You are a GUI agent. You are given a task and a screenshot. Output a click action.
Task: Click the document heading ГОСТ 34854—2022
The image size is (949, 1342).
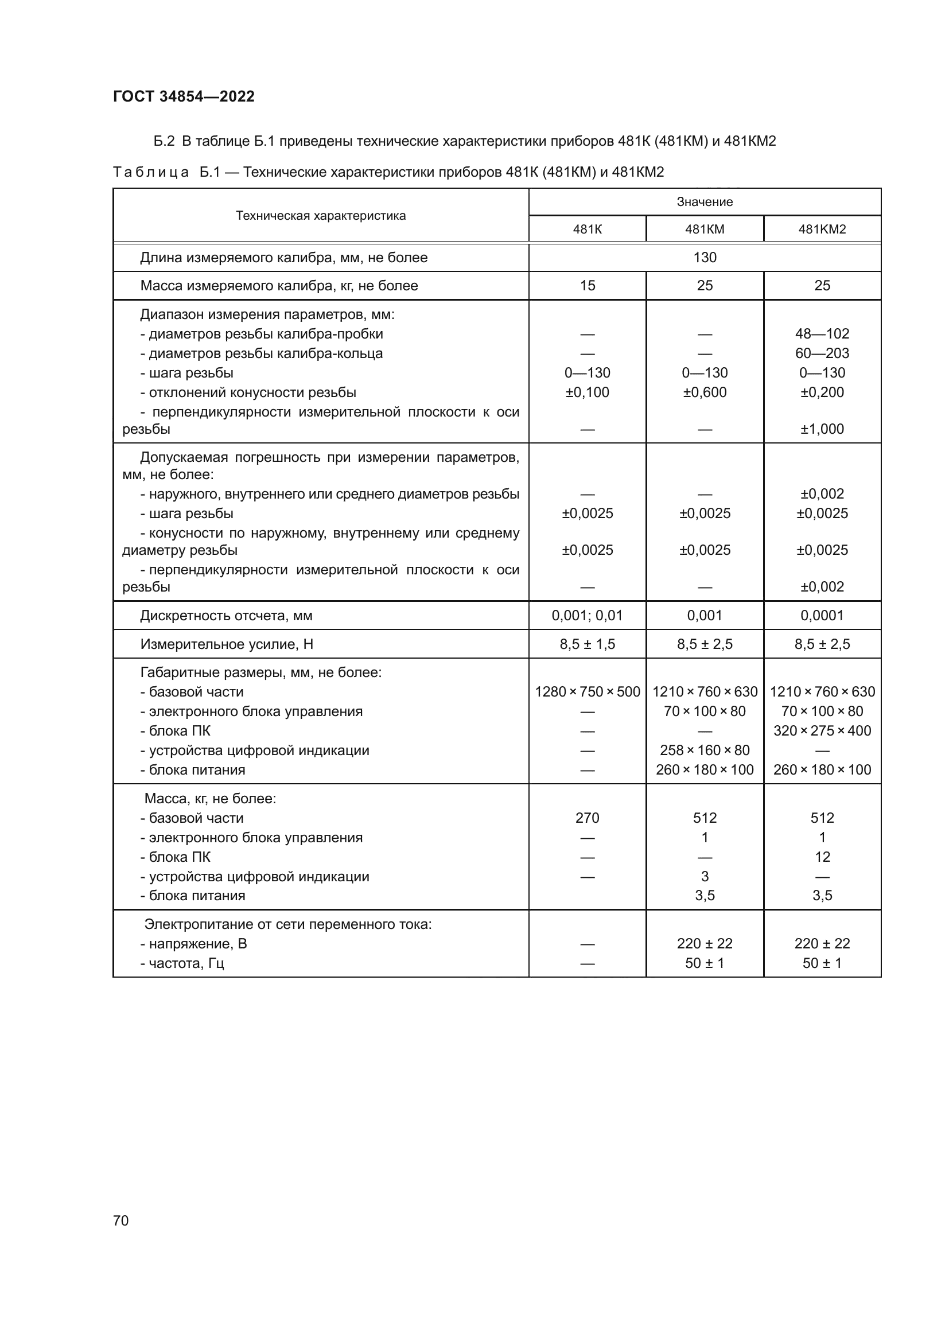click(x=184, y=96)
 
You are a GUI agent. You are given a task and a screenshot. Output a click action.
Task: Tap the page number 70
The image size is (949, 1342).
click(x=121, y=1220)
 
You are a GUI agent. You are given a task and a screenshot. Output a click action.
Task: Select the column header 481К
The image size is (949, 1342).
click(x=588, y=229)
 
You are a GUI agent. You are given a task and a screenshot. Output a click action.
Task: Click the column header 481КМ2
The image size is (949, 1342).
click(x=822, y=229)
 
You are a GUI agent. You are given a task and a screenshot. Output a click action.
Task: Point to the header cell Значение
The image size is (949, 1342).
click(x=705, y=201)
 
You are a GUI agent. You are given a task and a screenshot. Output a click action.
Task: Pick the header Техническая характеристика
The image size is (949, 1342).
click(x=321, y=216)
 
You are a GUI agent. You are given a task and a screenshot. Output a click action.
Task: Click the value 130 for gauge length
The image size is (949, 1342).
click(x=705, y=258)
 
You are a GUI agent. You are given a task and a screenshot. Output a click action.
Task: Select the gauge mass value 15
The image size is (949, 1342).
click(x=588, y=286)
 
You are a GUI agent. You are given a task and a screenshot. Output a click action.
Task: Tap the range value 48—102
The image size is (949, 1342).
click(x=822, y=334)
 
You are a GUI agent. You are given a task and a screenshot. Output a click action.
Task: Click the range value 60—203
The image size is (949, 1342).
click(x=822, y=353)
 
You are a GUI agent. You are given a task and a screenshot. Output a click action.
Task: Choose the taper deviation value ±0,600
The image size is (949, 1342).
click(x=705, y=392)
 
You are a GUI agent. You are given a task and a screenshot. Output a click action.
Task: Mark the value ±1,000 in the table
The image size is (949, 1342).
click(x=822, y=429)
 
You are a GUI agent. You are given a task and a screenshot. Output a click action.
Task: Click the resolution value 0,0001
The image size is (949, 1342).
click(x=822, y=616)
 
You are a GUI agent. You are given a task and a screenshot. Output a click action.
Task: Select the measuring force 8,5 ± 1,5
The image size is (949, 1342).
click(x=588, y=644)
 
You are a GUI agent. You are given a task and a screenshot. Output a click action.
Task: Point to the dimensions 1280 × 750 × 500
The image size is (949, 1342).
click(x=588, y=692)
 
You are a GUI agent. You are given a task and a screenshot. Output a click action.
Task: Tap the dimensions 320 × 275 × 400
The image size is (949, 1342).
click(x=822, y=730)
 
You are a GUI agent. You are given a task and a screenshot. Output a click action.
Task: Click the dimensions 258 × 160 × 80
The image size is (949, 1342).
click(x=705, y=750)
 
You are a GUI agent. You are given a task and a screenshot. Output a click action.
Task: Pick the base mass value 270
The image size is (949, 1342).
click(x=588, y=818)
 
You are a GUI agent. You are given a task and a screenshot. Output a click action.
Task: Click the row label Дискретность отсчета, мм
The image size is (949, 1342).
click(x=226, y=616)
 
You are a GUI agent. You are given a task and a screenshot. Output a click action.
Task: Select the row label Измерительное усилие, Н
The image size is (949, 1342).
click(x=227, y=644)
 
